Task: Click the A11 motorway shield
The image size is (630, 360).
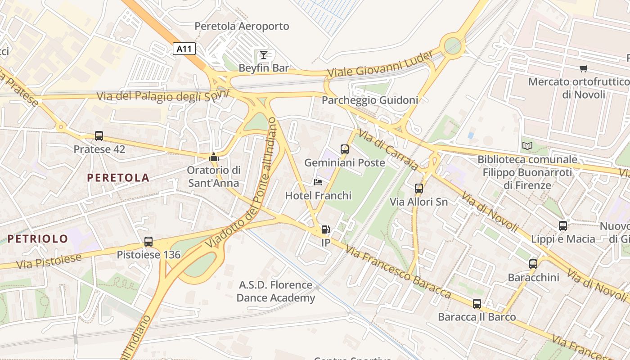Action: [x=184, y=49]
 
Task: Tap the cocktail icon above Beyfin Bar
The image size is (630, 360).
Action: [x=264, y=55]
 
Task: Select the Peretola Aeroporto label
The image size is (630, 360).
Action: [x=242, y=26]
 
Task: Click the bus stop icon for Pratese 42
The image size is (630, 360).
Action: [x=99, y=135]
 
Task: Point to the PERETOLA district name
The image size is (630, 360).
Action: [x=118, y=178]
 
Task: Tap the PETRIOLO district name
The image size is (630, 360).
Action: [x=38, y=238]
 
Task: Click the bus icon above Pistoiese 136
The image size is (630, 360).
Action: [x=148, y=242]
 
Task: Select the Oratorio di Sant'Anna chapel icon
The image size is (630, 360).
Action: [x=214, y=157]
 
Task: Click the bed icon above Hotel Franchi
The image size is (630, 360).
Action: [x=318, y=182]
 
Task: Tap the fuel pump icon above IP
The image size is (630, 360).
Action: [x=325, y=229]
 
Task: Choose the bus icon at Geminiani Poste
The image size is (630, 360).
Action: [x=345, y=149]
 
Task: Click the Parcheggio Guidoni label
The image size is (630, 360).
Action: [x=370, y=100]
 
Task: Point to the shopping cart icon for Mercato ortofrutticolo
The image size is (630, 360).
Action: [x=584, y=69]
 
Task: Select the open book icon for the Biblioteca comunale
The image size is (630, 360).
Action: [x=527, y=146]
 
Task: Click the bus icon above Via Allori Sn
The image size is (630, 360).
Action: [x=419, y=188]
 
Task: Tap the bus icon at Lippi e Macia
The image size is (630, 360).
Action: [x=563, y=225]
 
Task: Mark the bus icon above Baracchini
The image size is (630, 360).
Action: [x=533, y=264]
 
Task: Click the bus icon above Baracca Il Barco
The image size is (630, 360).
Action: [x=477, y=303]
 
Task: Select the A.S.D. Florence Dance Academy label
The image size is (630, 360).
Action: [x=276, y=291]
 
